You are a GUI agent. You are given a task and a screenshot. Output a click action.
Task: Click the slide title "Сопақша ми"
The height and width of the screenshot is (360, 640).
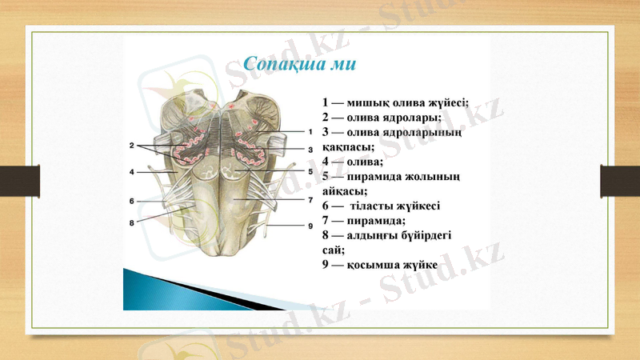point(300,63)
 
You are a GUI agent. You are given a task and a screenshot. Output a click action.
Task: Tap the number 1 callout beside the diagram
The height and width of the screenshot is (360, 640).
point(309,131)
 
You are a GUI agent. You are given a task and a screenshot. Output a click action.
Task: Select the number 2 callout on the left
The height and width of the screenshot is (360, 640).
point(131,146)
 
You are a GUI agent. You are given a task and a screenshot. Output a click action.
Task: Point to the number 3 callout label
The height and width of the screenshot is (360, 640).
point(309,150)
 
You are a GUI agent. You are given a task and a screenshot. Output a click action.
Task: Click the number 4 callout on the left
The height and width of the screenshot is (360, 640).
point(131,172)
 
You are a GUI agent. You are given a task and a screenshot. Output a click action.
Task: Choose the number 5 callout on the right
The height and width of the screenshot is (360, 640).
point(309,171)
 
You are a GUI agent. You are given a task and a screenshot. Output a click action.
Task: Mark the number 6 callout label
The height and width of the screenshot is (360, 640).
point(131,200)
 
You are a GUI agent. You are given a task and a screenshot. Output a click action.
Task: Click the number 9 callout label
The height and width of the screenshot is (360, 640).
point(309,226)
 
